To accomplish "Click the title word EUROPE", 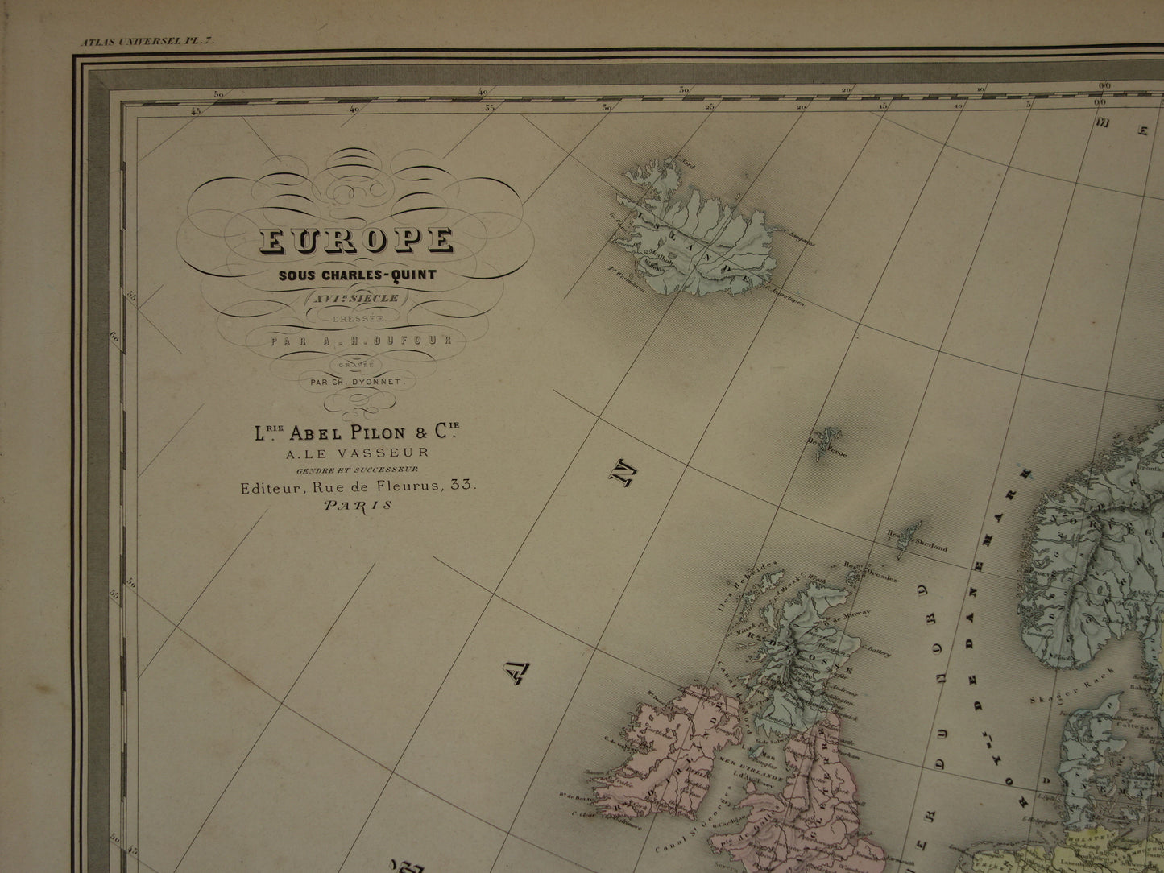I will pos(356,241).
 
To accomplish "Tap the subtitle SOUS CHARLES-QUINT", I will pos(357,274).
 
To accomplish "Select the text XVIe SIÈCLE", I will pos(357,297).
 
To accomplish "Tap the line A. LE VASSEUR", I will pos(356,453).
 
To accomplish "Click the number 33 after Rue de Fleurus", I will pos(464,486).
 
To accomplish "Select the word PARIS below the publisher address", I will pos(357,506).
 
